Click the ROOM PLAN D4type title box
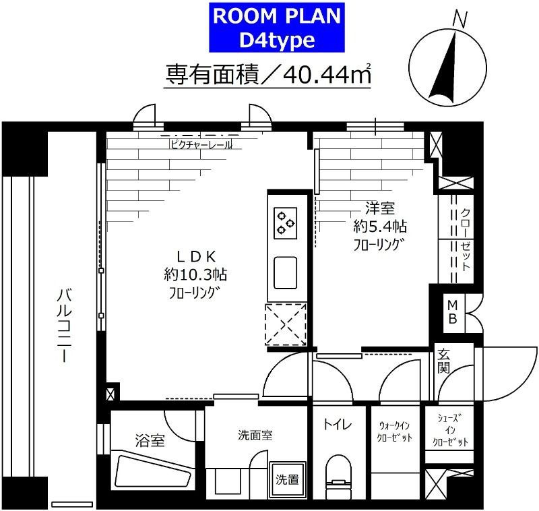(268, 27)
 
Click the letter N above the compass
(461, 20)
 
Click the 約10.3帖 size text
(195, 274)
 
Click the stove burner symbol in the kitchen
(286, 222)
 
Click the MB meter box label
(451, 312)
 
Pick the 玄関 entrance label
(444, 361)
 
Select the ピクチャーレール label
(200, 144)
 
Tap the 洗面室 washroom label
(255, 435)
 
